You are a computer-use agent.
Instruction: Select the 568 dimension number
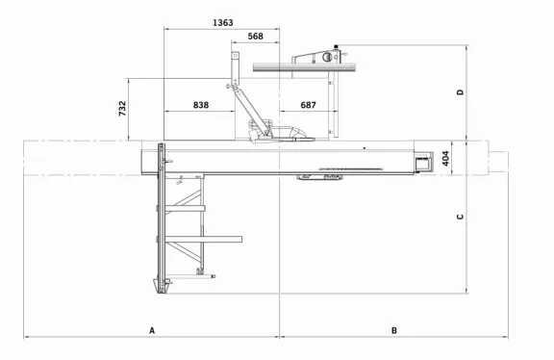tap(256, 36)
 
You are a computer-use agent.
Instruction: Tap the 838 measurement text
tap(200, 104)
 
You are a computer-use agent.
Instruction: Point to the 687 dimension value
tap(308, 104)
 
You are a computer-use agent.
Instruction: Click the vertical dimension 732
tap(122, 109)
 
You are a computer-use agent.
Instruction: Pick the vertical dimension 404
tap(445, 158)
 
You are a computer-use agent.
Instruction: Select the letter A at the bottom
tap(152, 330)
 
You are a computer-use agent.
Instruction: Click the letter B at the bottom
tap(393, 330)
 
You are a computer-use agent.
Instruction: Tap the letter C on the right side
tap(461, 217)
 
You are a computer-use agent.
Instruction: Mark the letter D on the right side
tap(461, 92)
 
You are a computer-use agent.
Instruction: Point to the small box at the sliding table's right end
tap(421, 162)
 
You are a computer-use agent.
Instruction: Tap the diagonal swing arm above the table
tap(248, 108)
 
